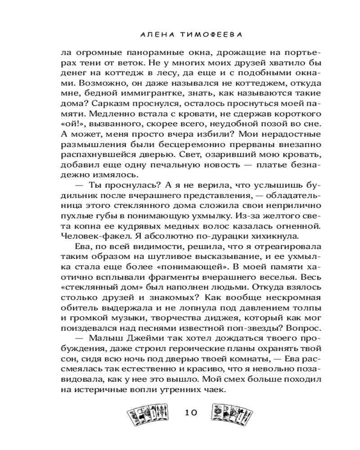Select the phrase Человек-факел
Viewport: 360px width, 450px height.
[90, 235]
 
